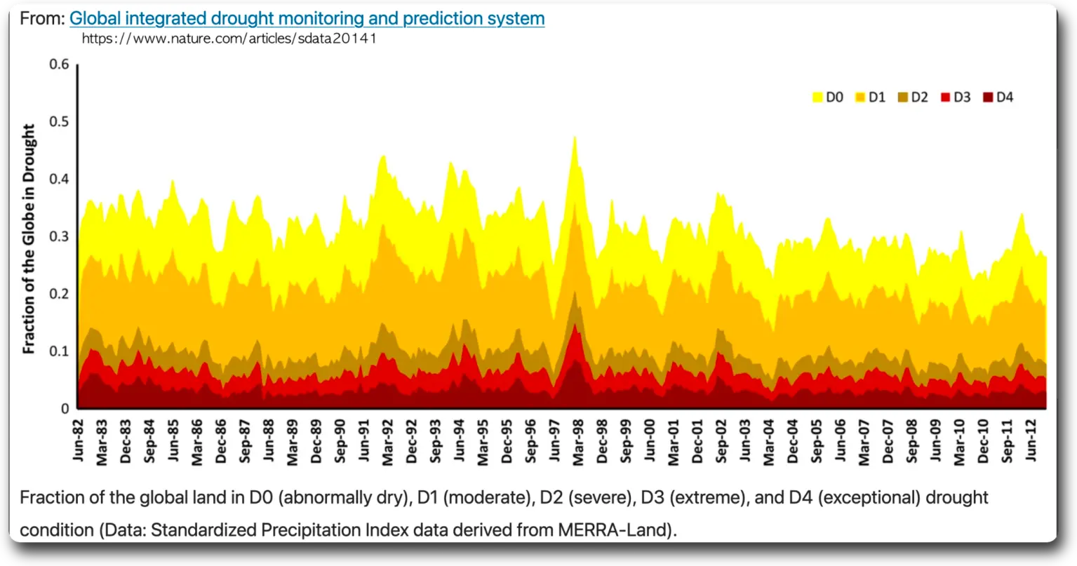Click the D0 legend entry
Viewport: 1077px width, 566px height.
point(828,97)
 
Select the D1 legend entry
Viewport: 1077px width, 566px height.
point(870,97)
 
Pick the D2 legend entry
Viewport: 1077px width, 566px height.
point(913,97)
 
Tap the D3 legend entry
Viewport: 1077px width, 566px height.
point(956,97)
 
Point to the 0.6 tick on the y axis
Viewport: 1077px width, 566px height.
point(60,65)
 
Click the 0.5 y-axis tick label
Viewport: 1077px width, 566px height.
point(60,121)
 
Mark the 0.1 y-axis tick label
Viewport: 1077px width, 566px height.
point(60,351)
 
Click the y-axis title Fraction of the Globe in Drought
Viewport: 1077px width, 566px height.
point(29,238)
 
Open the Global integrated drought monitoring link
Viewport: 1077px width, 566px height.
point(307,18)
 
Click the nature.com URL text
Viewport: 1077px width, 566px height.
point(229,39)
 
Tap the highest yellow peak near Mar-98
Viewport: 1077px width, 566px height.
point(575,138)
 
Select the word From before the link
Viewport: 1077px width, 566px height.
point(42,18)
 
